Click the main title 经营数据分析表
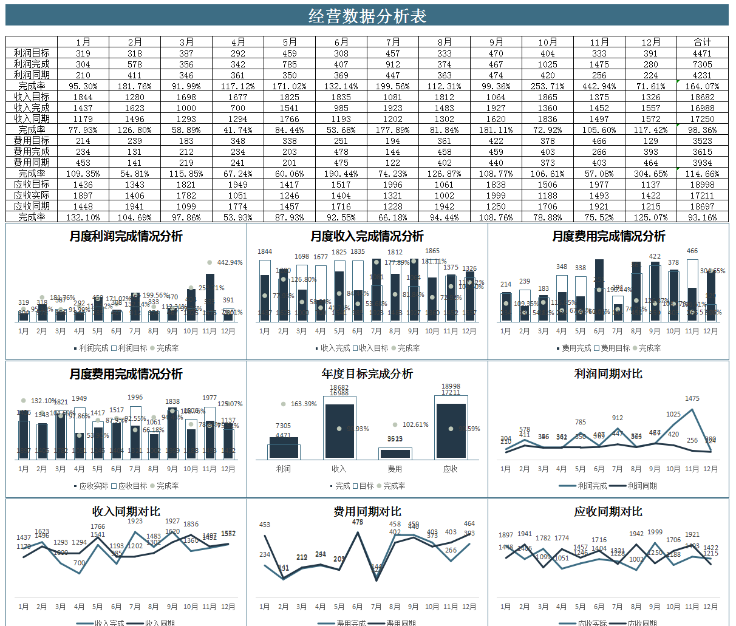pyautogui.click(x=367, y=16)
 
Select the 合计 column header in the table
pyautogui.click(x=702, y=42)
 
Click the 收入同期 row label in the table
pyautogui.click(x=32, y=118)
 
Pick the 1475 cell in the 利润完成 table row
pyautogui.click(x=599, y=64)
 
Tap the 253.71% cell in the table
pyautogui.click(x=547, y=86)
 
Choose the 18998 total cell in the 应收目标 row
pyautogui.click(x=702, y=184)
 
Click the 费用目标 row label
pyautogui.click(x=32, y=140)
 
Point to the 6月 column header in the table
pyautogui.click(x=341, y=42)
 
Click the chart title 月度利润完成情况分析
pyautogui.click(x=126, y=236)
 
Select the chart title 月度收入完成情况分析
pyautogui.click(x=367, y=236)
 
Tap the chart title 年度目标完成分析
pyautogui.click(x=367, y=373)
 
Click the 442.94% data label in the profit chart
pyautogui.click(x=230, y=262)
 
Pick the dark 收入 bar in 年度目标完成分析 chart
pyautogui.click(x=339, y=431)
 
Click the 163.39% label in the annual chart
pyautogui.click(x=304, y=404)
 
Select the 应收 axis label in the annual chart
pyautogui.click(x=450, y=469)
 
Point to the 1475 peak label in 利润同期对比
pyautogui.click(x=692, y=398)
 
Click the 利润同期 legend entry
pyautogui.click(x=641, y=486)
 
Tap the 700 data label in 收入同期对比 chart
pyautogui.click(x=79, y=563)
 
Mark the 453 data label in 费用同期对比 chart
pyautogui.click(x=265, y=525)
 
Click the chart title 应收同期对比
pyautogui.click(x=608, y=511)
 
